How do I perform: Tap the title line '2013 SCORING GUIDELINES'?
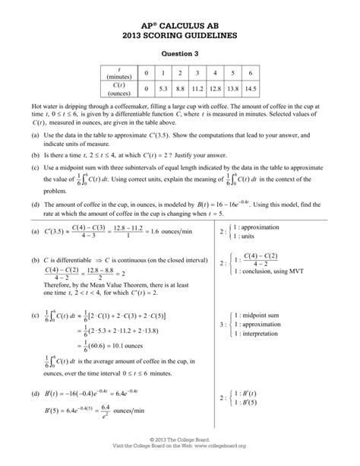pyautogui.click(x=180, y=34)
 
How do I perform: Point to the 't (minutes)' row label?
pyautogui.click(x=119, y=73)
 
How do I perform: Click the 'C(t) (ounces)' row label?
pyautogui.click(x=119, y=89)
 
